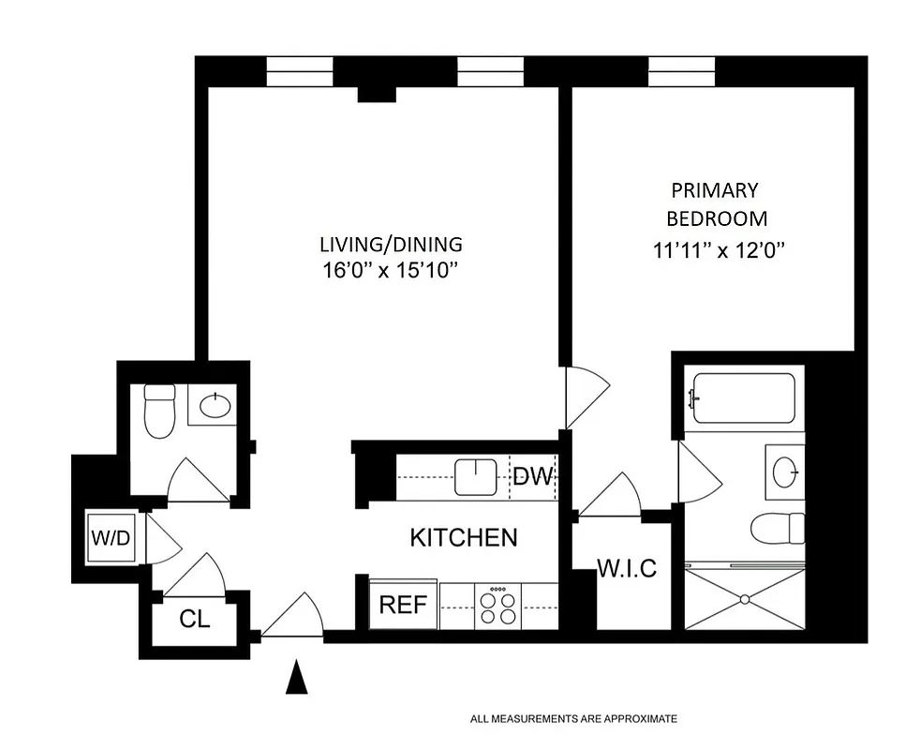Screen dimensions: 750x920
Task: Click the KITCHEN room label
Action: tap(464, 537)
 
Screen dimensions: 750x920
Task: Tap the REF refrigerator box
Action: tap(403, 605)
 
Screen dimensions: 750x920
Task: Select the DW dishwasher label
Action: tap(534, 475)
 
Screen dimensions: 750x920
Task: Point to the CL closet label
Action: tap(195, 620)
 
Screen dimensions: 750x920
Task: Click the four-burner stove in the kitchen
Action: tap(498, 605)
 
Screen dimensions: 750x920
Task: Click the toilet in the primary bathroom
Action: tap(778, 528)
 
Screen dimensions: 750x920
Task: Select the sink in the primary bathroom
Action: tap(784, 469)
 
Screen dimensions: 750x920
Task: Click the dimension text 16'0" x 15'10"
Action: tap(391, 271)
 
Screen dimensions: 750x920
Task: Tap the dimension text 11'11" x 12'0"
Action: tap(718, 250)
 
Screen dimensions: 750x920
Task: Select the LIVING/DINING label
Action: tap(391, 245)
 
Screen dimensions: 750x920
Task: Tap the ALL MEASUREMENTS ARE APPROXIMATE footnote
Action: tap(573, 719)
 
